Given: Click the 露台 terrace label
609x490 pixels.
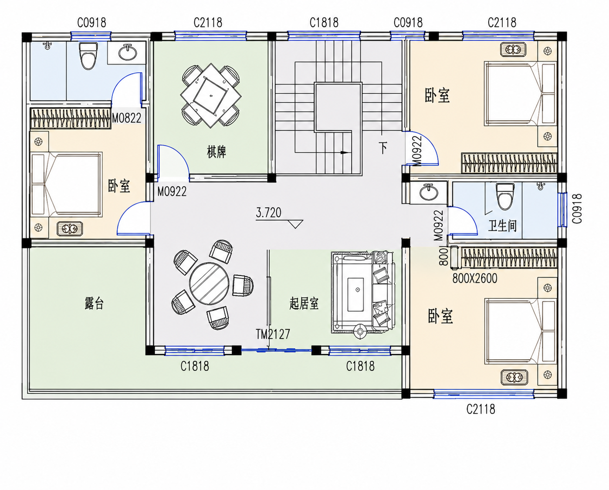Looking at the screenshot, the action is point(94,303).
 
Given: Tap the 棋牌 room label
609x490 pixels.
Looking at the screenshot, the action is point(217,152).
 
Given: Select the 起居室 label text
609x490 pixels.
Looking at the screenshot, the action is point(304,303).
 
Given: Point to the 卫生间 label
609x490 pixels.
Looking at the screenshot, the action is point(502,226).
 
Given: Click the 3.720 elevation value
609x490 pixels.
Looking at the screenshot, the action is point(268,213).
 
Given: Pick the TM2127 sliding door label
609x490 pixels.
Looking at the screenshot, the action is point(273,334).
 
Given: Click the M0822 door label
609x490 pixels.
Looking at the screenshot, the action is point(126,118).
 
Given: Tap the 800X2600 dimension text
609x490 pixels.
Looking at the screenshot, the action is point(475,279).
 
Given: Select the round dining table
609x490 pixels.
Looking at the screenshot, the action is point(209,284).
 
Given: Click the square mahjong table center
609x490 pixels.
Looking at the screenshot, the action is point(211,95).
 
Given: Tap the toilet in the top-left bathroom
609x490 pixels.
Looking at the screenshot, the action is point(88,55).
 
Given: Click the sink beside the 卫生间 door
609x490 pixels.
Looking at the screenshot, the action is point(429,192).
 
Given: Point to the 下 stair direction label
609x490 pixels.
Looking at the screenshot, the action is point(383,148).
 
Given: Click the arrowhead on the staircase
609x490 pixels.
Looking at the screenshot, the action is point(344,152).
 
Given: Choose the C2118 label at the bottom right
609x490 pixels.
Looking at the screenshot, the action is point(481,409).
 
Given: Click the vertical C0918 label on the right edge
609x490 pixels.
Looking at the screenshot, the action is point(577,209).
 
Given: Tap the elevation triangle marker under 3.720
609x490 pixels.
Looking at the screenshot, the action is point(295,224).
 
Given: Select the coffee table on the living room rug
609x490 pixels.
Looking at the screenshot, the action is point(356,294).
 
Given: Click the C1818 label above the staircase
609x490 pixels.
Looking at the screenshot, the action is point(324,23).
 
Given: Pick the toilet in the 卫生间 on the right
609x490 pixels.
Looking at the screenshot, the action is point(505,196).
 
